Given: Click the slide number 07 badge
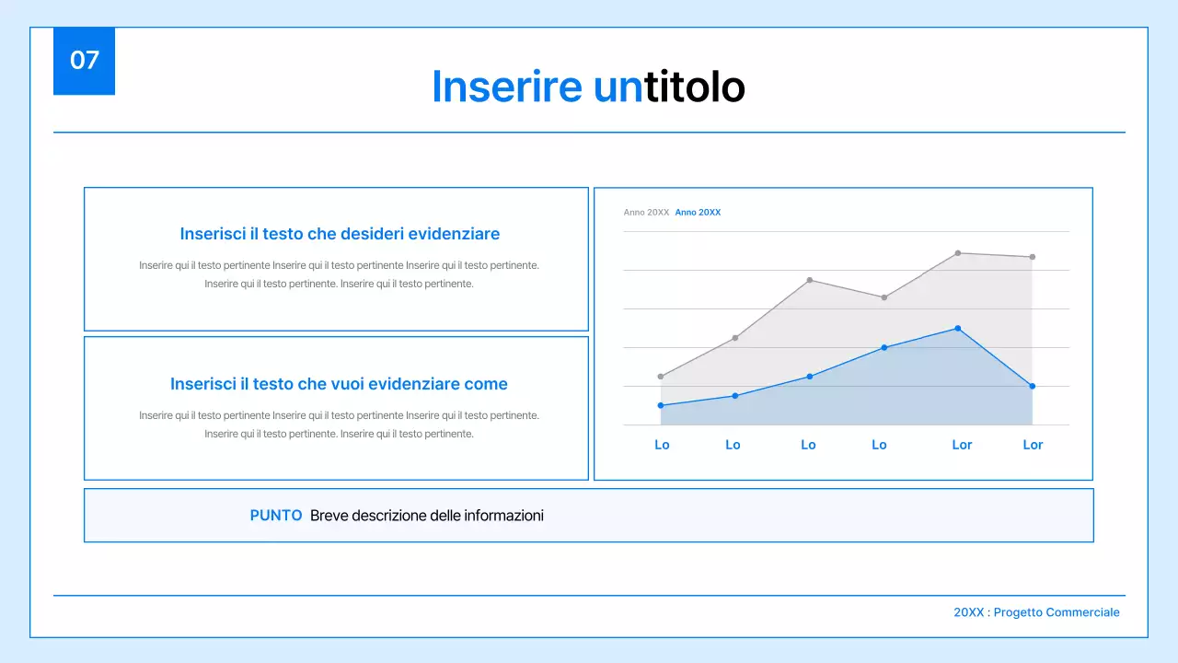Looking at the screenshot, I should click(84, 61).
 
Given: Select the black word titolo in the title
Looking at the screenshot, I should click(695, 87).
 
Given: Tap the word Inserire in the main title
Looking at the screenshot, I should click(506, 87).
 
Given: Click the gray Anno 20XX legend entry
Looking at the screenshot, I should click(646, 213).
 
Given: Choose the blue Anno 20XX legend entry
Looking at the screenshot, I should click(698, 213).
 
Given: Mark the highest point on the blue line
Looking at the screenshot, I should click(958, 328).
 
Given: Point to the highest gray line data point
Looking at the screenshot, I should click(958, 252).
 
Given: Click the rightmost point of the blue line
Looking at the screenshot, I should click(1033, 386).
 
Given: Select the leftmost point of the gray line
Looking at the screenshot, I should click(661, 376).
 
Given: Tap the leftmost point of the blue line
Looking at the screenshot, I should click(661, 405).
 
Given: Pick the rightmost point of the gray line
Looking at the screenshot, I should click(1033, 257).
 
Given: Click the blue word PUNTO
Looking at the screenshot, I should click(276, 516).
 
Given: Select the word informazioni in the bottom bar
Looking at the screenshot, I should click(503, 516).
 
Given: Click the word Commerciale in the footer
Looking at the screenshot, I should click(1083, 612).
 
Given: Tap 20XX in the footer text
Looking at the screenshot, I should click(968, 612).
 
